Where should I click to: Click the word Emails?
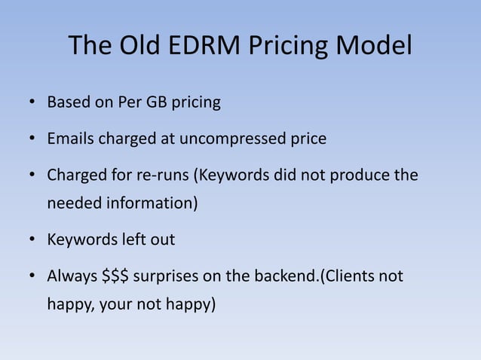[x=72, y=139]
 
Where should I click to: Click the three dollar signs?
[x=118, y=276]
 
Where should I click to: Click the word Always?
[x=72, y=276]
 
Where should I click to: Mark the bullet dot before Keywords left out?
[x=32, y=240]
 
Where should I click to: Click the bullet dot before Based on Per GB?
[x=32, y=102]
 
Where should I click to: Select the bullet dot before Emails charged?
[x=32, y=139]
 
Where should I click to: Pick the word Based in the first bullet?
[x=67, y=102]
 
